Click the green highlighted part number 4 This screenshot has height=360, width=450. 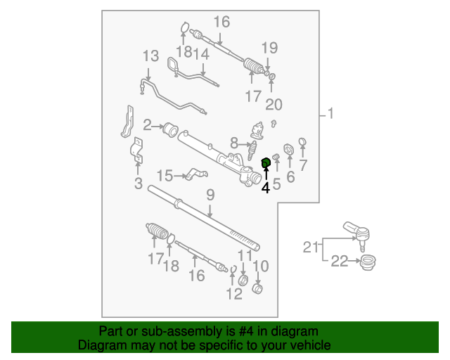pos(266,164)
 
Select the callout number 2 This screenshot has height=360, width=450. pos(148,126)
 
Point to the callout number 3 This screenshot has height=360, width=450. pos(138,184)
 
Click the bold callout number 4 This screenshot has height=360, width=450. pos(266,188)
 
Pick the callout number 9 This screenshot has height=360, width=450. pos(210,195)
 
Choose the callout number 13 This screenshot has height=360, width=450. pos(150,56)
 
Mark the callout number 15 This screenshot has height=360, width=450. pos(164,175)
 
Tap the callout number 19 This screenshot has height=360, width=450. pos(270,48)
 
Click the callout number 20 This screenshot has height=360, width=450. pos(274,104)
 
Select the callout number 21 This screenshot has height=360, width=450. pos(311,247)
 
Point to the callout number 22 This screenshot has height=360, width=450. pos(340,262)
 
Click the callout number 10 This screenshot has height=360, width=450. pos(261,266)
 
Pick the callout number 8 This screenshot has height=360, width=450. pos(233,143)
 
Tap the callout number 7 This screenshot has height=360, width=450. pos(303,165)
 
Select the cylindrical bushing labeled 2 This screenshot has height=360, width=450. pos(169,129)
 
